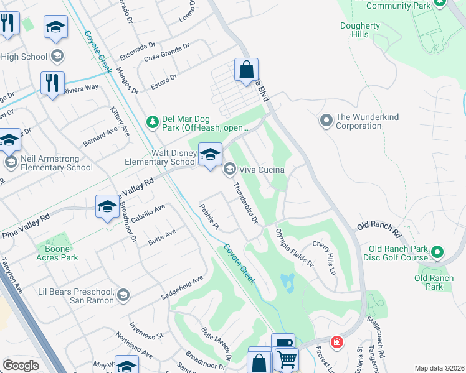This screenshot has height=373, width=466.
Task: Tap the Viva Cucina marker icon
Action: (230, 169)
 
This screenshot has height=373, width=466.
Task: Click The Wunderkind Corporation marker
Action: (326, 121)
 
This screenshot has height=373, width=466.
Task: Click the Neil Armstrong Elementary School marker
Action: (10, 162)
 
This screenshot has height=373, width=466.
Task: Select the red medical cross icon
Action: (337, 343)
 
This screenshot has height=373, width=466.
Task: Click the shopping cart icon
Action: (287, 359)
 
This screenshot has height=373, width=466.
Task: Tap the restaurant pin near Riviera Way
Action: (52, 83)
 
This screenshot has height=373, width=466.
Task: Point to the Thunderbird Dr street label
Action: (245, 202)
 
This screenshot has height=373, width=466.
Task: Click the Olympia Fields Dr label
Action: (295, 247)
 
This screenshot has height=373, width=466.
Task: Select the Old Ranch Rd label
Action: (379, 229)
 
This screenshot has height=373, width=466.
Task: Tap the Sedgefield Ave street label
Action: (183, 286)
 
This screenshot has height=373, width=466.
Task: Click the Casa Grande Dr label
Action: (166, 53)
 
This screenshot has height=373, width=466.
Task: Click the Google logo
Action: (21, 366)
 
